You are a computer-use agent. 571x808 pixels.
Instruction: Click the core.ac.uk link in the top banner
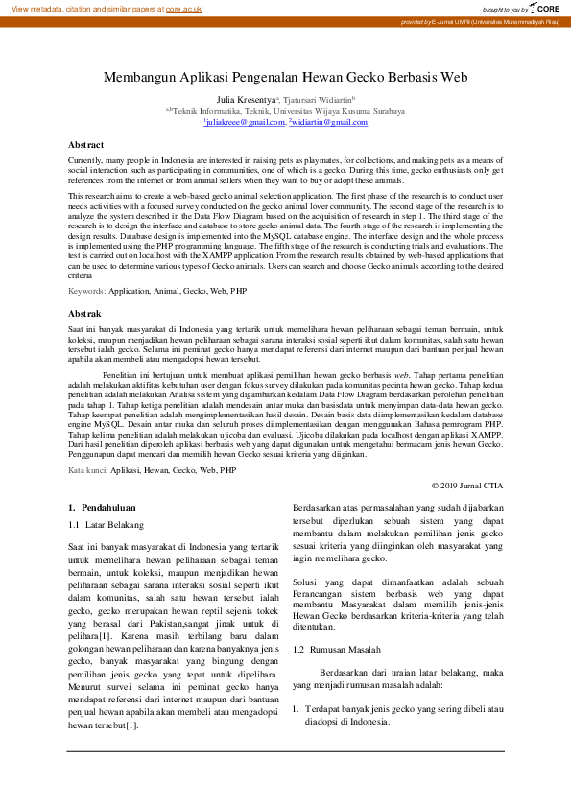183,8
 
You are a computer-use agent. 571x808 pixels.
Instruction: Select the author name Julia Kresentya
246,99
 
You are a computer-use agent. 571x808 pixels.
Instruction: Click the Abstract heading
85,144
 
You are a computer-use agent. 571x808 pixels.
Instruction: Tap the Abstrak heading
84,287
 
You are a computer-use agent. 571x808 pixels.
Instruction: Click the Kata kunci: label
88,471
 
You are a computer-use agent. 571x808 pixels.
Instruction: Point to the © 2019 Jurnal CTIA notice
466,487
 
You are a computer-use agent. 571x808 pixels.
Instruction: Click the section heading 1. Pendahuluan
101,506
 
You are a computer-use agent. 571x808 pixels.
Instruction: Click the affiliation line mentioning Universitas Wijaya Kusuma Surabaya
285,110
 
